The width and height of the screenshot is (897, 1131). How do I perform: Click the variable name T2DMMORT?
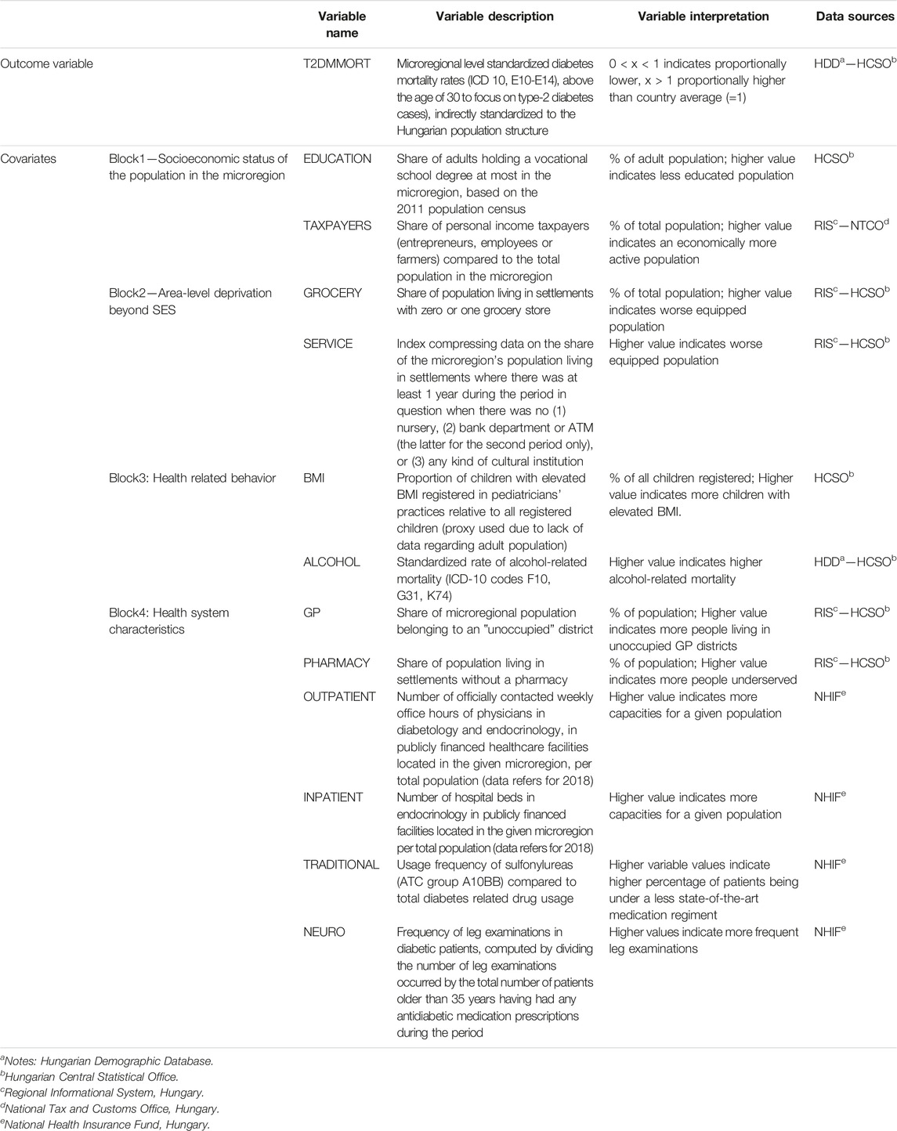click(337, 63)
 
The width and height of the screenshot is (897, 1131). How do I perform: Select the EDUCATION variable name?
click(338, 158)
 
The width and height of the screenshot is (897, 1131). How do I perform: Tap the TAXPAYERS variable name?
click(338, 226)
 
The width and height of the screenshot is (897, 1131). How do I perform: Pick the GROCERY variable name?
click(333, 293)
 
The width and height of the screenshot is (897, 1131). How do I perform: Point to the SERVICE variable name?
click(328, 343)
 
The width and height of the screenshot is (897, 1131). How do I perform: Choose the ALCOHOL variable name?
click(332, 562)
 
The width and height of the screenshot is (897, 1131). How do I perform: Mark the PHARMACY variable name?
click(337, 663)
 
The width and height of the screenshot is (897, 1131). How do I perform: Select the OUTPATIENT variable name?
click(340, 696)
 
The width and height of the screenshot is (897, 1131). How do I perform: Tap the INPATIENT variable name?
click(334, 797)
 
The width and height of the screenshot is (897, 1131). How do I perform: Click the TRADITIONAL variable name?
click(342, 865)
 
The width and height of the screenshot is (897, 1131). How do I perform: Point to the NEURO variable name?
click(324, 932)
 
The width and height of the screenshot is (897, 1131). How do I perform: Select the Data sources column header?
click(855, 16)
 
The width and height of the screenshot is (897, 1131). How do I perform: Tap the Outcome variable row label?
click(46, 63)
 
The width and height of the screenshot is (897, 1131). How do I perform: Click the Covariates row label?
click(28, 158)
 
